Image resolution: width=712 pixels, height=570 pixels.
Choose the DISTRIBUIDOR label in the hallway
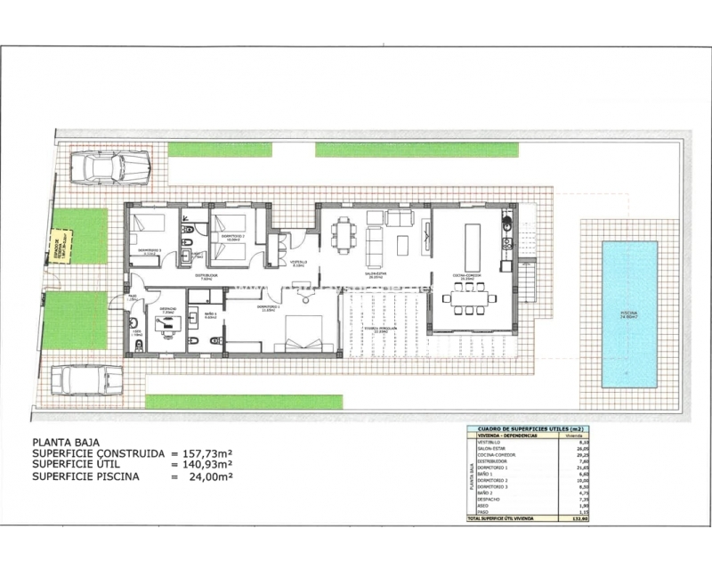coord(207,276)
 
